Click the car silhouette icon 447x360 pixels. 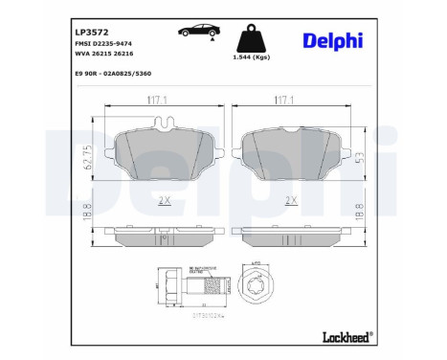[196, 32]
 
